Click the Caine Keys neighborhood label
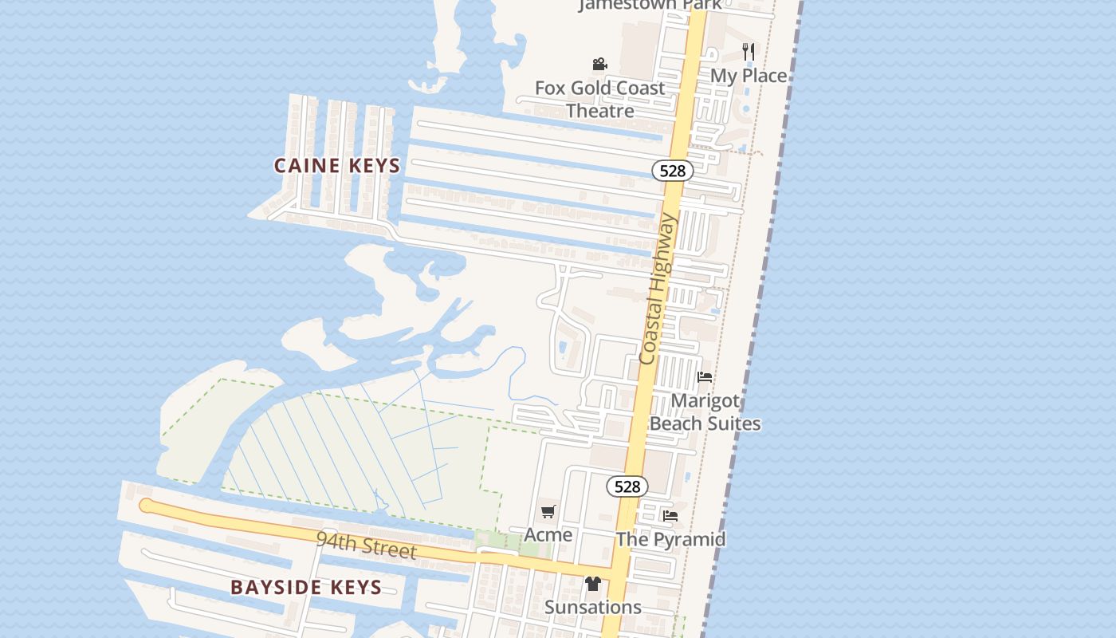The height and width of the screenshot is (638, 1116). pos(336,166)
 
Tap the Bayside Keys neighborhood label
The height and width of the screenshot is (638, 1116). pos(306,588)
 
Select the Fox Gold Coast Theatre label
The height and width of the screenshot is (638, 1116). pos(599,99)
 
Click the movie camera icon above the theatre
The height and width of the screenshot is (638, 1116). pos(599,64)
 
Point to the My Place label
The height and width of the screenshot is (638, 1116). pos(749,76)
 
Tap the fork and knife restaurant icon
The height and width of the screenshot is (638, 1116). pos(748,52)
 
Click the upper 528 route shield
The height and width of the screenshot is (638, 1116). pos(673,171)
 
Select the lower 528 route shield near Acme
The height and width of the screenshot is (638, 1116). pos(627,486)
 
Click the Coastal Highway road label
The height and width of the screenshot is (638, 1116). pos(658,289)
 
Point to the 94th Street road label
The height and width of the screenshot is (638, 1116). pos(366,545)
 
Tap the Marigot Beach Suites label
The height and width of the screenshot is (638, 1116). pos(705,412)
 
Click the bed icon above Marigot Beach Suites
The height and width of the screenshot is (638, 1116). pos(705,377)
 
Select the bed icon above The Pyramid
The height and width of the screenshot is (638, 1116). pos(670,516)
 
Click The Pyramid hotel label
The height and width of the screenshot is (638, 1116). pos(670,539)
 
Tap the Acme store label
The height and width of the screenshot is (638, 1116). pos(548,534)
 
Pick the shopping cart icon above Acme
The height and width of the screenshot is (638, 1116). pos(548,511)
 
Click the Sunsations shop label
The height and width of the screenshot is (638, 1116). pos(593,607)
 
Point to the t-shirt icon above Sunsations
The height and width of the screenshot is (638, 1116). pos(592,584)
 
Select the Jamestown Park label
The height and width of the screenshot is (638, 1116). pos(650,5)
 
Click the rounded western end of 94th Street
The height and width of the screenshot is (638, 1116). pos(145,505)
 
